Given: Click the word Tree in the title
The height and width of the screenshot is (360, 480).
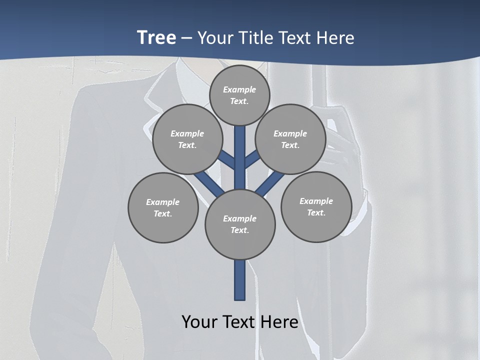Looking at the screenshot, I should coord(156,37).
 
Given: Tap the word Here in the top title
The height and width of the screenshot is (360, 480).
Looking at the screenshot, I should coord(335,37).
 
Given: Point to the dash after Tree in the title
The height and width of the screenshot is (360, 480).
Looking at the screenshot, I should coord(186,38).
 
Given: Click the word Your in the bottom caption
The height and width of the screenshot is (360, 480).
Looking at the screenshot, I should coord(199,321).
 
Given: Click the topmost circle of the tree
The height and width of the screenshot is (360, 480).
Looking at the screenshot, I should coord(239,95).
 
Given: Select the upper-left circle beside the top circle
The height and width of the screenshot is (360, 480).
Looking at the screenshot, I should coord(187,139).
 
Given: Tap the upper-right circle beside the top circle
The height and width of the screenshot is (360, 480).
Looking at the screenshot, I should coord(290,139).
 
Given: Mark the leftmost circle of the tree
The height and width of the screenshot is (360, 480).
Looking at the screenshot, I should coord(163,207).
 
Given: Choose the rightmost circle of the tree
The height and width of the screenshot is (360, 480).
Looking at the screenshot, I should coord(316,206).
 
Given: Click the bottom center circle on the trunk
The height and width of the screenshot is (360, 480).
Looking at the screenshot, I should coord(240,224).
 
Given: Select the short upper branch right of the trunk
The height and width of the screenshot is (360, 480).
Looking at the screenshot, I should coord(252,158).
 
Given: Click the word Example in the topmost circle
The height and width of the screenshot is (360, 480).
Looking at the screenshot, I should coord(239,89).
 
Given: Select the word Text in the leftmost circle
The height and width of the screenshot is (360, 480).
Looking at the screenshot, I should coord(163,213).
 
